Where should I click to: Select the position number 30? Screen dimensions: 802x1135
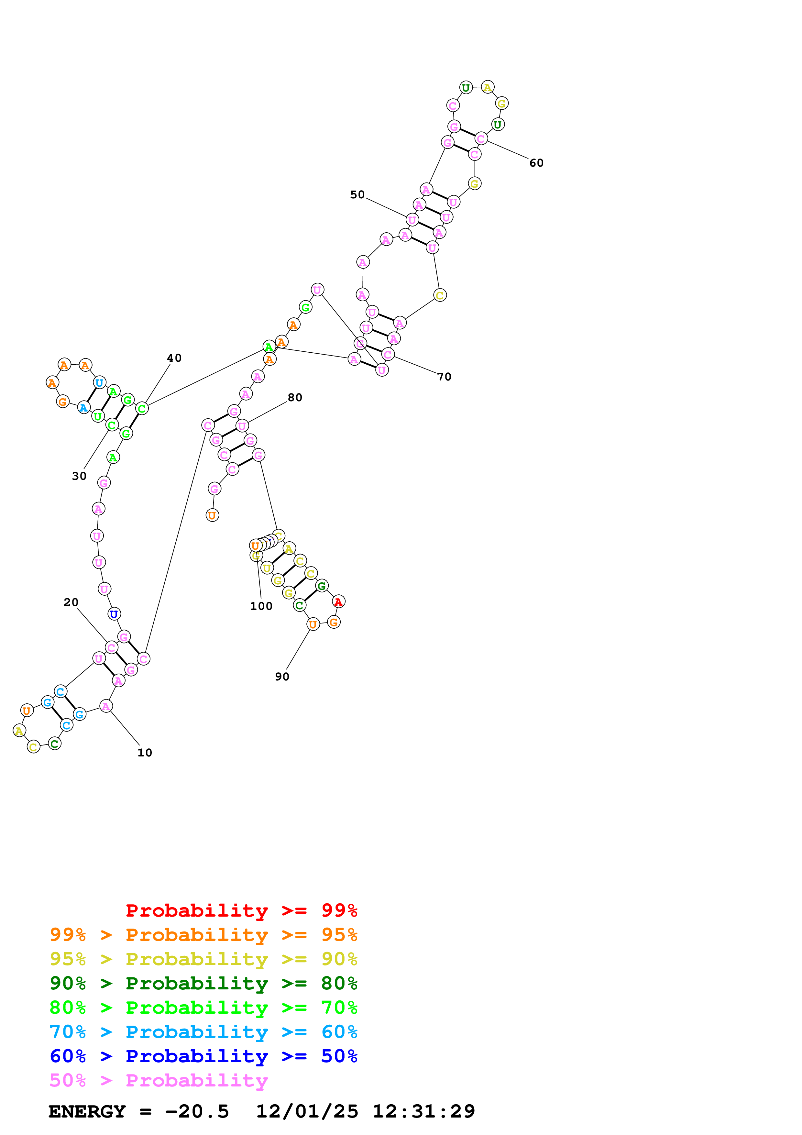point(79,476)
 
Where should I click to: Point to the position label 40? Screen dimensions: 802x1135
point(174,358)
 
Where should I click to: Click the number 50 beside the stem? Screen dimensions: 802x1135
point(357,195)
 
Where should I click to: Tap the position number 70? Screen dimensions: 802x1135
point(444,377)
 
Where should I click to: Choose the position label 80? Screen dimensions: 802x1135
point(295,397)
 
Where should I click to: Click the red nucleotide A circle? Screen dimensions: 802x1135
point(338,601)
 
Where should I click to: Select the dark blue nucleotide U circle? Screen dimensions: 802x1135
point(114,614)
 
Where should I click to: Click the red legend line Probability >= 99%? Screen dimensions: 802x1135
point(241,910)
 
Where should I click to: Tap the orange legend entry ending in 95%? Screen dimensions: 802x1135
point(203,935)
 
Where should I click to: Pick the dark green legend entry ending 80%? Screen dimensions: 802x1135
point(203,983)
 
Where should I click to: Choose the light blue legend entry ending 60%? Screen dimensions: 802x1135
point(203,1032)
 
